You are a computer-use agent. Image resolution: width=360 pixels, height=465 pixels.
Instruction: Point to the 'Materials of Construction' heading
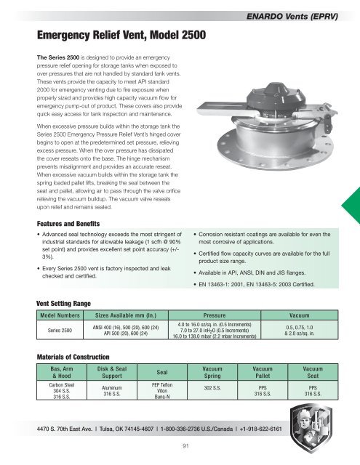(x=77, y=356)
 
